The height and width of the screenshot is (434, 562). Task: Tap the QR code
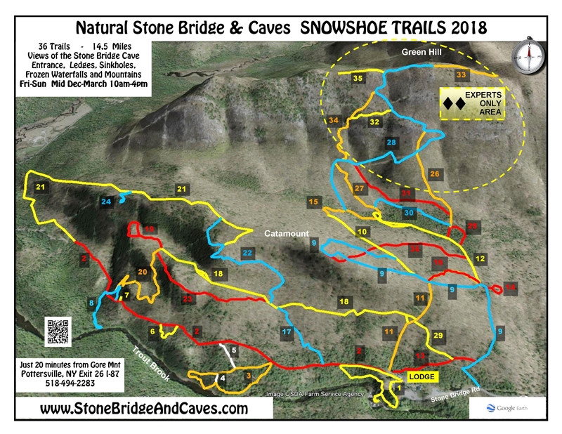click(60, 331)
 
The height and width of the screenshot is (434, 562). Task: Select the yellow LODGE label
click(422, 377)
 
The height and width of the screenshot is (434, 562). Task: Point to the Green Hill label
click(419, 51)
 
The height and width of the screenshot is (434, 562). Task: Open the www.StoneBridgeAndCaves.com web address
click(145, 409)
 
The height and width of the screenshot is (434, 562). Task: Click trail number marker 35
click(358, 79)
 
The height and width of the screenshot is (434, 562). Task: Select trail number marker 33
click(462, 74)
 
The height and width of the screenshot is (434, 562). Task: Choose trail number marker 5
click(235, 350)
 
